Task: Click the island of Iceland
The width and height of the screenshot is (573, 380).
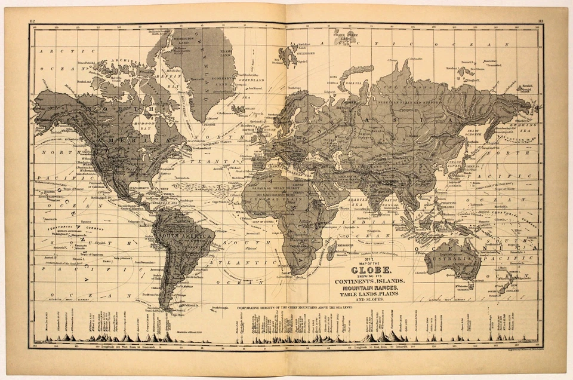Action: pyautogui.click(x=238, y=110)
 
